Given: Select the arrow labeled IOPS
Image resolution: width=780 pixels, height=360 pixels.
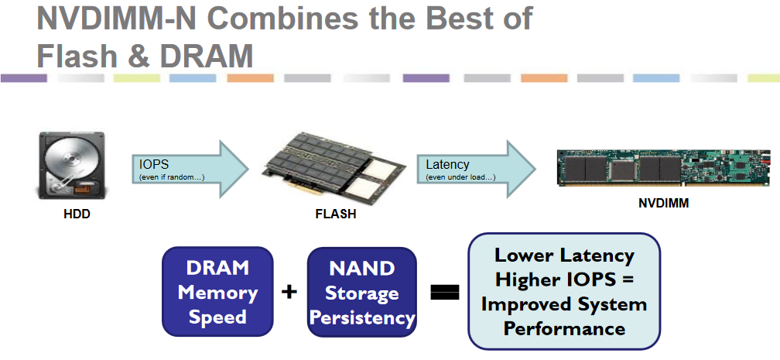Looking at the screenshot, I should (x=190, y=170).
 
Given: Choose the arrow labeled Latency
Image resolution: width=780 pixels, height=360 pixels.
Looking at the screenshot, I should (x=476, y=170).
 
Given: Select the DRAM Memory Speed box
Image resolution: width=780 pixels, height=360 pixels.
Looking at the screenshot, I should (x=217, y=292).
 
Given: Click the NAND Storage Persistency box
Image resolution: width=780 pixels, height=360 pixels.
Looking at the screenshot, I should (x=362, y=292).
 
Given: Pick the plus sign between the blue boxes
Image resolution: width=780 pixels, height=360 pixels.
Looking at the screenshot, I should (x=289, y=292).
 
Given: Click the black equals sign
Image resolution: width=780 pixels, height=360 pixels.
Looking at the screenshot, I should (x=445, y=293).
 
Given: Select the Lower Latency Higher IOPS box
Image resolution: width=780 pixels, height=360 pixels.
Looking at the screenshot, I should (x=563, y=291).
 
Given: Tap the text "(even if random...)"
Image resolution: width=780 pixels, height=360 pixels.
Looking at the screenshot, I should (x=171, y=177).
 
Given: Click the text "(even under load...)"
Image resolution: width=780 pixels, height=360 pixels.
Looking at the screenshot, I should (x=461, y=177).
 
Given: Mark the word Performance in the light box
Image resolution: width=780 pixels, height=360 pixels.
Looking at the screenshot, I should (x=564, y=327).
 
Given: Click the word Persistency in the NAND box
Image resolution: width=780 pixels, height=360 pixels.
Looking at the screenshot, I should (x=362, y=317).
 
